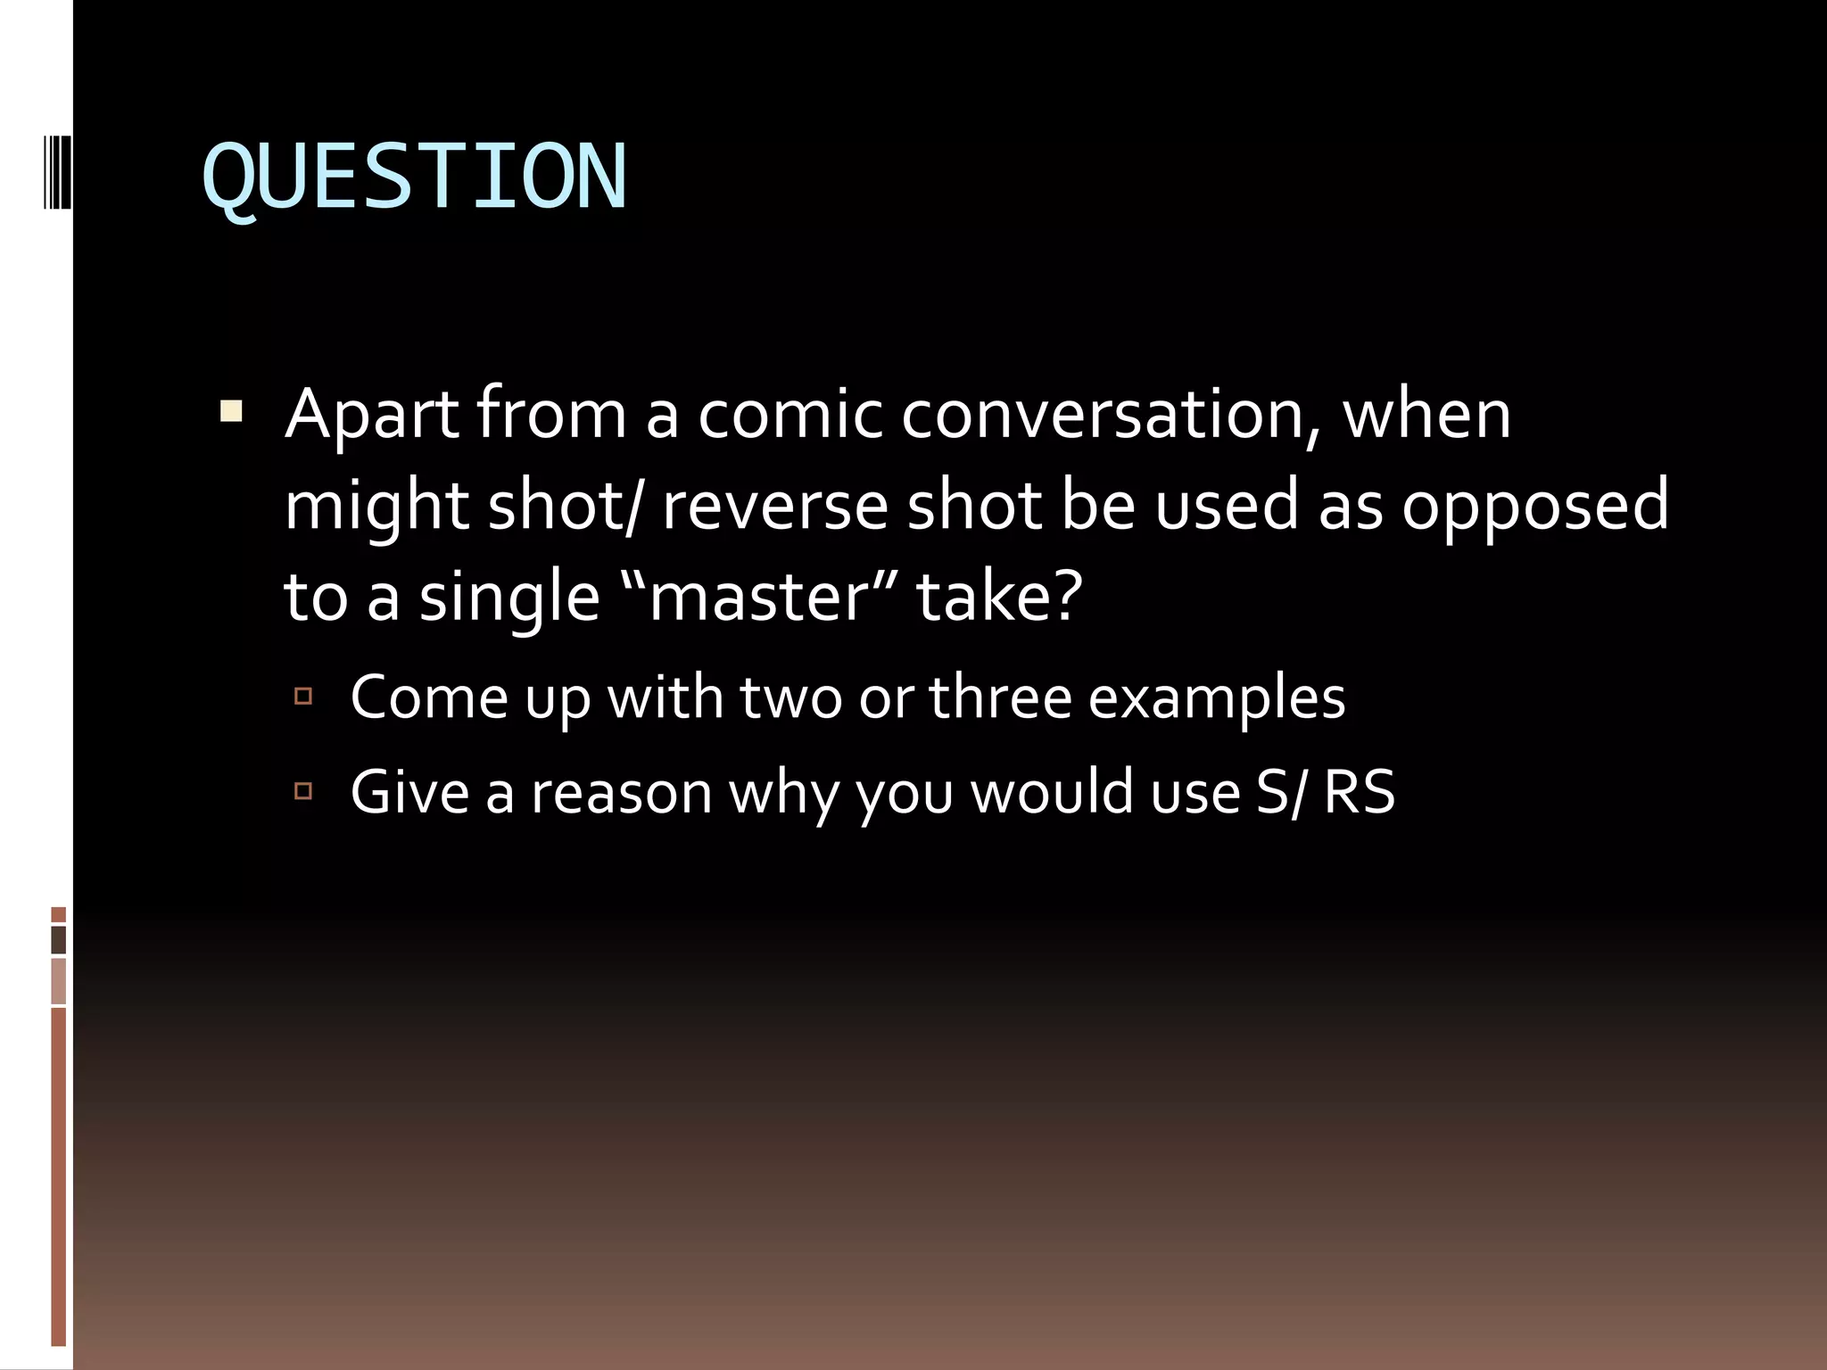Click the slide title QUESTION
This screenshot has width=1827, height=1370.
(415, 179)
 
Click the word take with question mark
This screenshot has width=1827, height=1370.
(1000, 597)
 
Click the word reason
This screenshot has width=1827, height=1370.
(622, 793)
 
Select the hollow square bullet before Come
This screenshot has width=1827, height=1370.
(303, 695)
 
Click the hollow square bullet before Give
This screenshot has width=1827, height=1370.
(303, 790)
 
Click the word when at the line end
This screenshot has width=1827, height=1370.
(1426, 416)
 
